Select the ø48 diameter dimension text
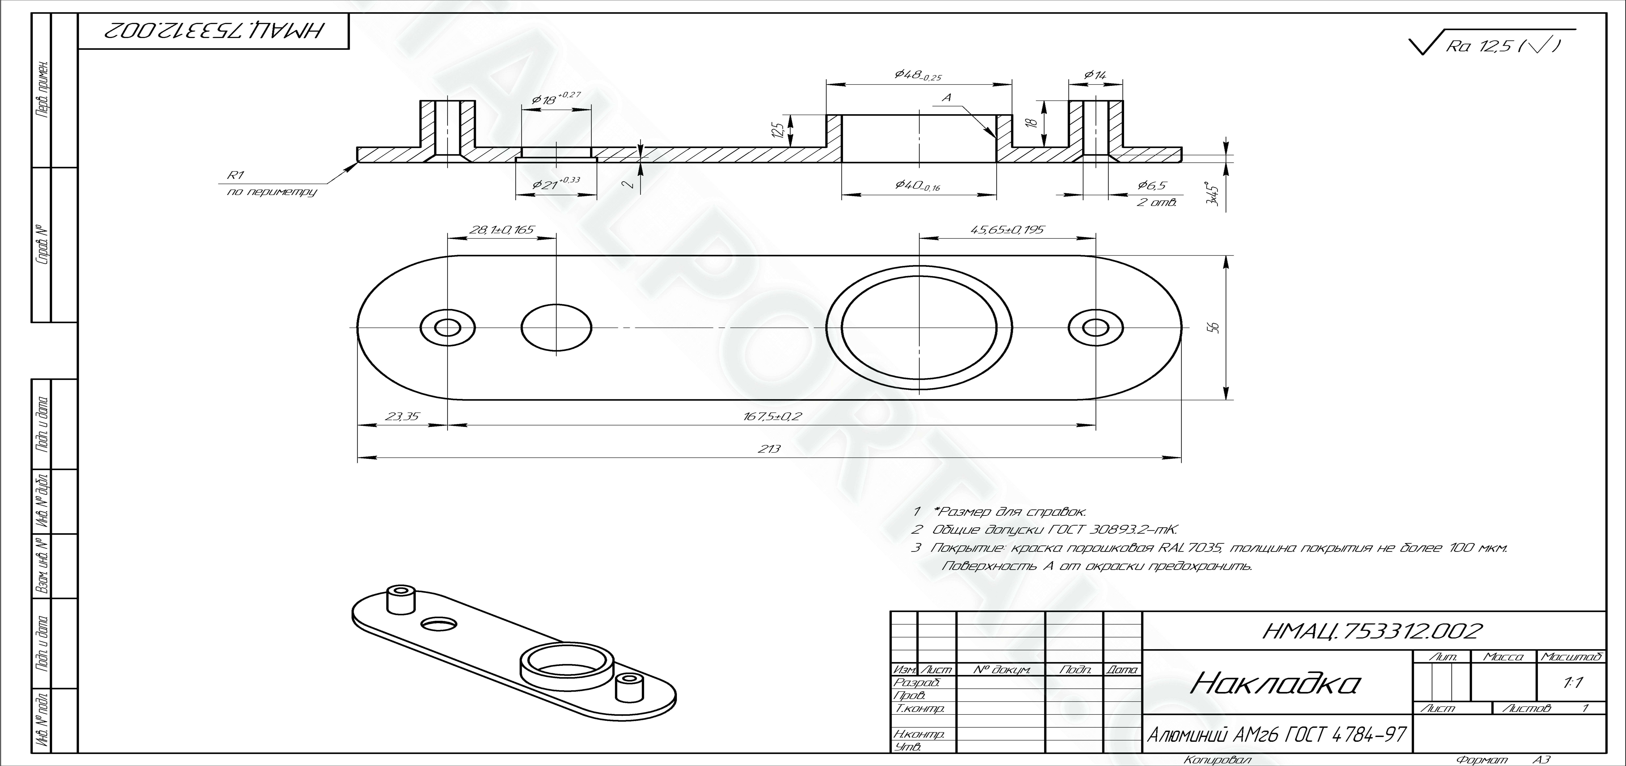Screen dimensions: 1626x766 pos(918,75)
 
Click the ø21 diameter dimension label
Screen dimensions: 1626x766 pos(555,184)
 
